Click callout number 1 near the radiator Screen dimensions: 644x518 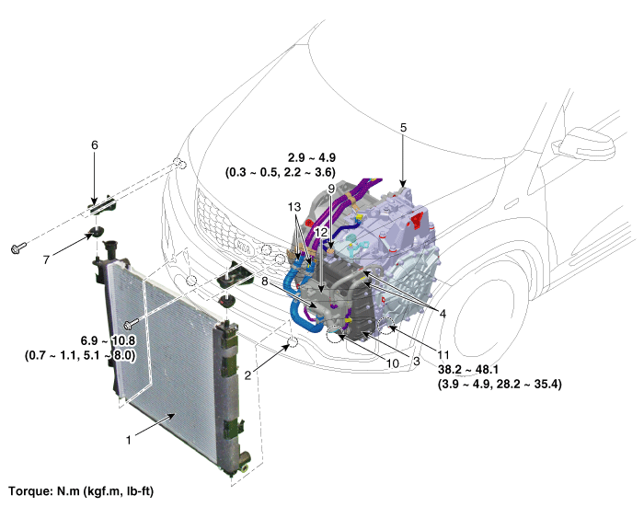(x=129, y=440)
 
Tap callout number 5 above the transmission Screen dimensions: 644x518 (x=403, y=128)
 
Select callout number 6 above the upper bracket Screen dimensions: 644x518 (x=95, y=145)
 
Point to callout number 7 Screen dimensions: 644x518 (x=46, y=259)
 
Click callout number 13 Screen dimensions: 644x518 (x=294, y=207)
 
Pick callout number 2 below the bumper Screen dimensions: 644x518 (x=247, y=375)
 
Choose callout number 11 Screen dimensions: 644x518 (x=443, y=354)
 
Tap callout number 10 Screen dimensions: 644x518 (x=392, y=363)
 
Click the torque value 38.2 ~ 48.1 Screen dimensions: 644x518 (x=467, y=369)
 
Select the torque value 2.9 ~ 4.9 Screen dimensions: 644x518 (x=312, y=157)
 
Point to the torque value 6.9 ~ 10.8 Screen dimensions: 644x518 (x=108, y=340)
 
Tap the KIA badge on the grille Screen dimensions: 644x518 (x=244, y=247)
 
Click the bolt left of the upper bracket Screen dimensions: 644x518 (x=18, y=247)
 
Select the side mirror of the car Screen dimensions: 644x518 (x=586, y=142)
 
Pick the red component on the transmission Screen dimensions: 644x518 (x=417, y=220)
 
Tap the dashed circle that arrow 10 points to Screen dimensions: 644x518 (x=335, y=335)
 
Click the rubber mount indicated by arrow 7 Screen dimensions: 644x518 (x=97, y=232)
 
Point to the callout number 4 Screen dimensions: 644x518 (x=443, y=314)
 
